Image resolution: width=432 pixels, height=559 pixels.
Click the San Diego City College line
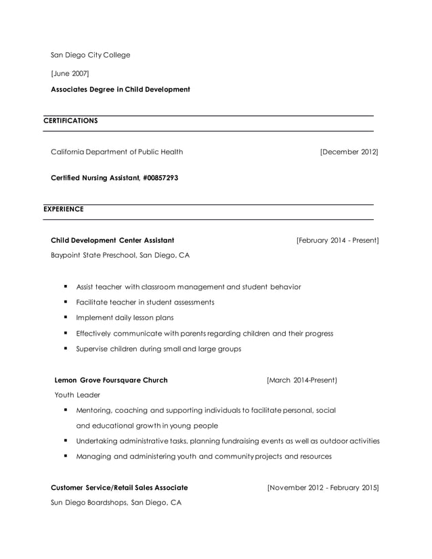(x=91, y=55)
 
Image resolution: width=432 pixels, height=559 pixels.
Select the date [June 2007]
(x=70, y=72)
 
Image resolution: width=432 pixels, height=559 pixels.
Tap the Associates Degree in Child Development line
(x=121, y=89)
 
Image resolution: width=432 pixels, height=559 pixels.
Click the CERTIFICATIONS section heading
(x=70, y=120)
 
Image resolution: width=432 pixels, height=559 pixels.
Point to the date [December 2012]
(x=349, y=152)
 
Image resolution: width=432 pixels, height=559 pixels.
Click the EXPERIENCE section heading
(x=64, y=209)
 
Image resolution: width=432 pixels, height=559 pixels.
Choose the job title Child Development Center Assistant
(x=112, y=240)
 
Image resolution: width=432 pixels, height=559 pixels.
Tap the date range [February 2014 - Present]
(x=337, y=240)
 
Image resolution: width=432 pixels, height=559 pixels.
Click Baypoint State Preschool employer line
(x=121, y=256)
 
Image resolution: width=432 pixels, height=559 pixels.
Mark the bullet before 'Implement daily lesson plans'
(x=66, y=317)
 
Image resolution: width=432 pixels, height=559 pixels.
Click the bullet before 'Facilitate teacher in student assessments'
(x=66, y=302)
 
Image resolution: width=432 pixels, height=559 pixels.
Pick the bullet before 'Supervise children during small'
(x=66, y=349)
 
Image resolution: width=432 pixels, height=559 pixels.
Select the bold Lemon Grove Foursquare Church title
(x=110, y=380)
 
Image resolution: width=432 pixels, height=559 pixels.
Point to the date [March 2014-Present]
(x=301, y=380)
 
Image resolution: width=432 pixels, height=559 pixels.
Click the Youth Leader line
(x=77, y=395)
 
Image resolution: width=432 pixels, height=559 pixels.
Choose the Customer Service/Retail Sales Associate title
(x=120, y=487)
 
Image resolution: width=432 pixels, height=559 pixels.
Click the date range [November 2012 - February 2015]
(x=323, y=487)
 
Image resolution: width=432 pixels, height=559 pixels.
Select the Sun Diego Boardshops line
(x=116, y=503)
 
